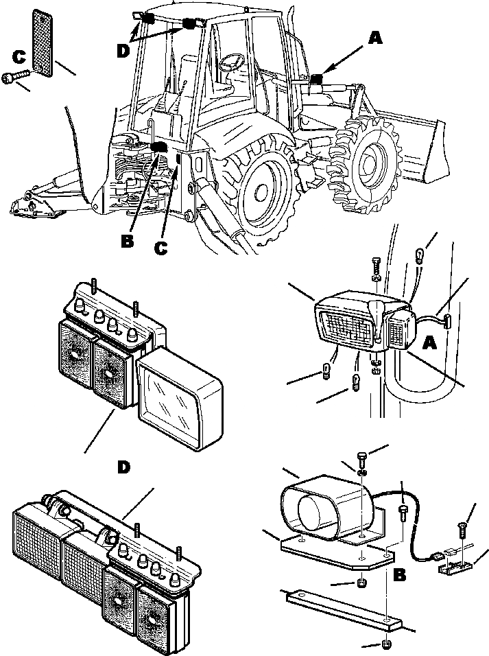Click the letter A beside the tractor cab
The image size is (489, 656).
(374, 39)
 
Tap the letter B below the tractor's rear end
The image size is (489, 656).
(128, 242)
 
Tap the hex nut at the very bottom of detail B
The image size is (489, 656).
(386, 645)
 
